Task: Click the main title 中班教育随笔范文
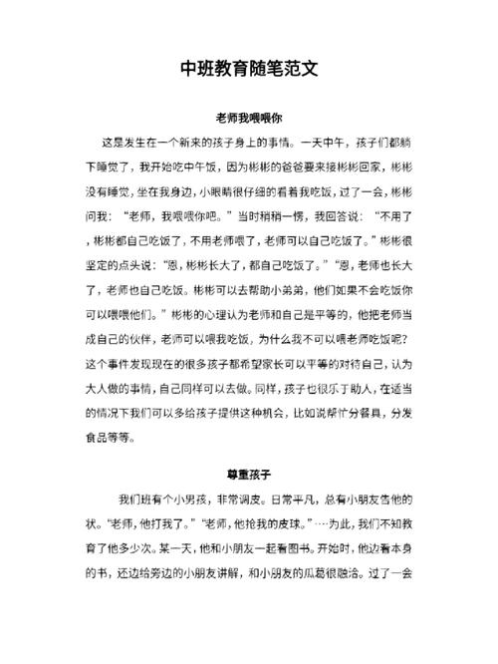[249, 69]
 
